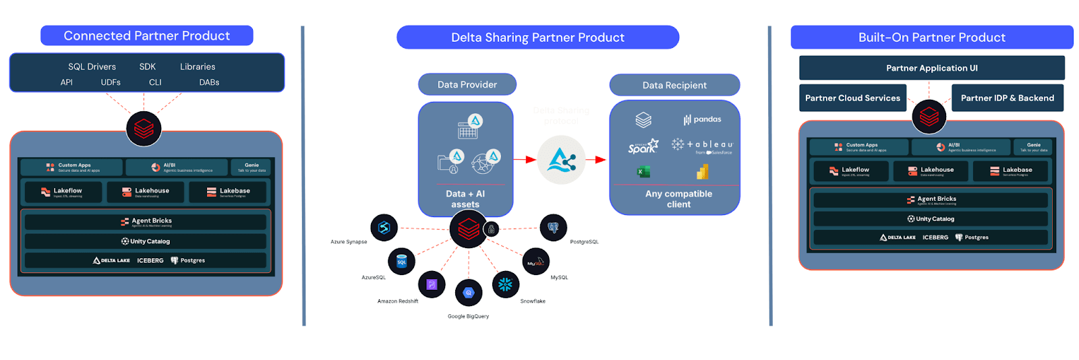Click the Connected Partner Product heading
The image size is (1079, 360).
(146, 36)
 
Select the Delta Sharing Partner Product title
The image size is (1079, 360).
(537, 37)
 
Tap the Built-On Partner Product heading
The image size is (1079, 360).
(931, 37)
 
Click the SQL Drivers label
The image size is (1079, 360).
(92, 67)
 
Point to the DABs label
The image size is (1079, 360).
(209, 82)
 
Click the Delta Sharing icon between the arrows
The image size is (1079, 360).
(561, 160)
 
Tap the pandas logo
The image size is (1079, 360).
(702, 119)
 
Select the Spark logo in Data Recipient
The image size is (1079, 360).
(643, 146)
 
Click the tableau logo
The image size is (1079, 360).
(702, 145)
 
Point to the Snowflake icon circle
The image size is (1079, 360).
(506, 284)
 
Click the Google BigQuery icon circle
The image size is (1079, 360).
(469, 293)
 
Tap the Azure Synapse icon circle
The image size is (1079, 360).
(384, 228)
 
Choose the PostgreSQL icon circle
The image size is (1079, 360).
(553, 228)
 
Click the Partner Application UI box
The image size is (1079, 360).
(931, 68)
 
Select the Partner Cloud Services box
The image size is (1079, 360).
(852, 98)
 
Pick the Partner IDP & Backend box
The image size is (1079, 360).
(1007, 98)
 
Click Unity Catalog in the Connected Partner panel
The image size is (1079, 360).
(146, 241)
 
